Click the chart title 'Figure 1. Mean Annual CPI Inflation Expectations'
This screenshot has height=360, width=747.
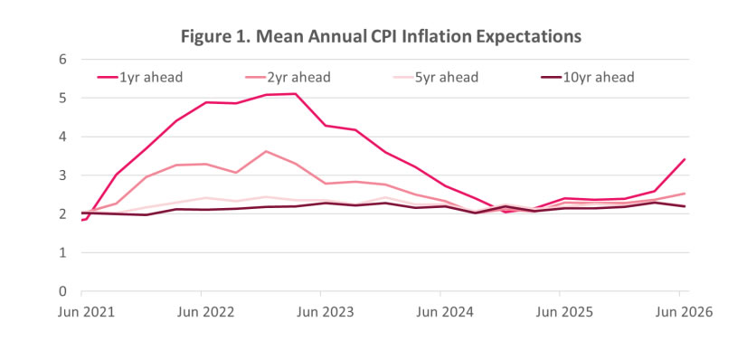[x=381, y=36]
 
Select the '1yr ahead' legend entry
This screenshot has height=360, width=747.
[x=140, y=77]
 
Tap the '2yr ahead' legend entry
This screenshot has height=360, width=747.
[x=288, y=77]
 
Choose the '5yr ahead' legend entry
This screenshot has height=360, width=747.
[x=435, y=77]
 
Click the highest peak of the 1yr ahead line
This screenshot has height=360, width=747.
[x=296, y=94]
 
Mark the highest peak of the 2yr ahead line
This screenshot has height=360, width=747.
[x=266, y=151]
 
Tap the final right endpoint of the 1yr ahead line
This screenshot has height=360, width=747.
[x=685, y=159]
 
